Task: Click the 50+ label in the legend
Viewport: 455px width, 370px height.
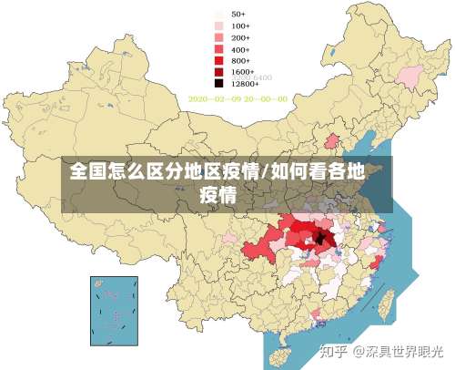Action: pos(238,15)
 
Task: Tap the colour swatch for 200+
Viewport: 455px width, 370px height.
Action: pos(219,38)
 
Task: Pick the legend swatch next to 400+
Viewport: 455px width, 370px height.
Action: pos(219,49)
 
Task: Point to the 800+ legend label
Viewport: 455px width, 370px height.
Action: pos(239,60)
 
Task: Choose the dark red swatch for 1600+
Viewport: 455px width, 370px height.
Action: pos(219,71)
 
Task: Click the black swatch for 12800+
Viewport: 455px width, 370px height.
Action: pos(219,82)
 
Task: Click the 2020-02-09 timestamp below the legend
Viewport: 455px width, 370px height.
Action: pos(238,98)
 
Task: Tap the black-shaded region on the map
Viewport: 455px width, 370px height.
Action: pos(320,239)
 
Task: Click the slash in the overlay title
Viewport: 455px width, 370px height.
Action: pos(264,170)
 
